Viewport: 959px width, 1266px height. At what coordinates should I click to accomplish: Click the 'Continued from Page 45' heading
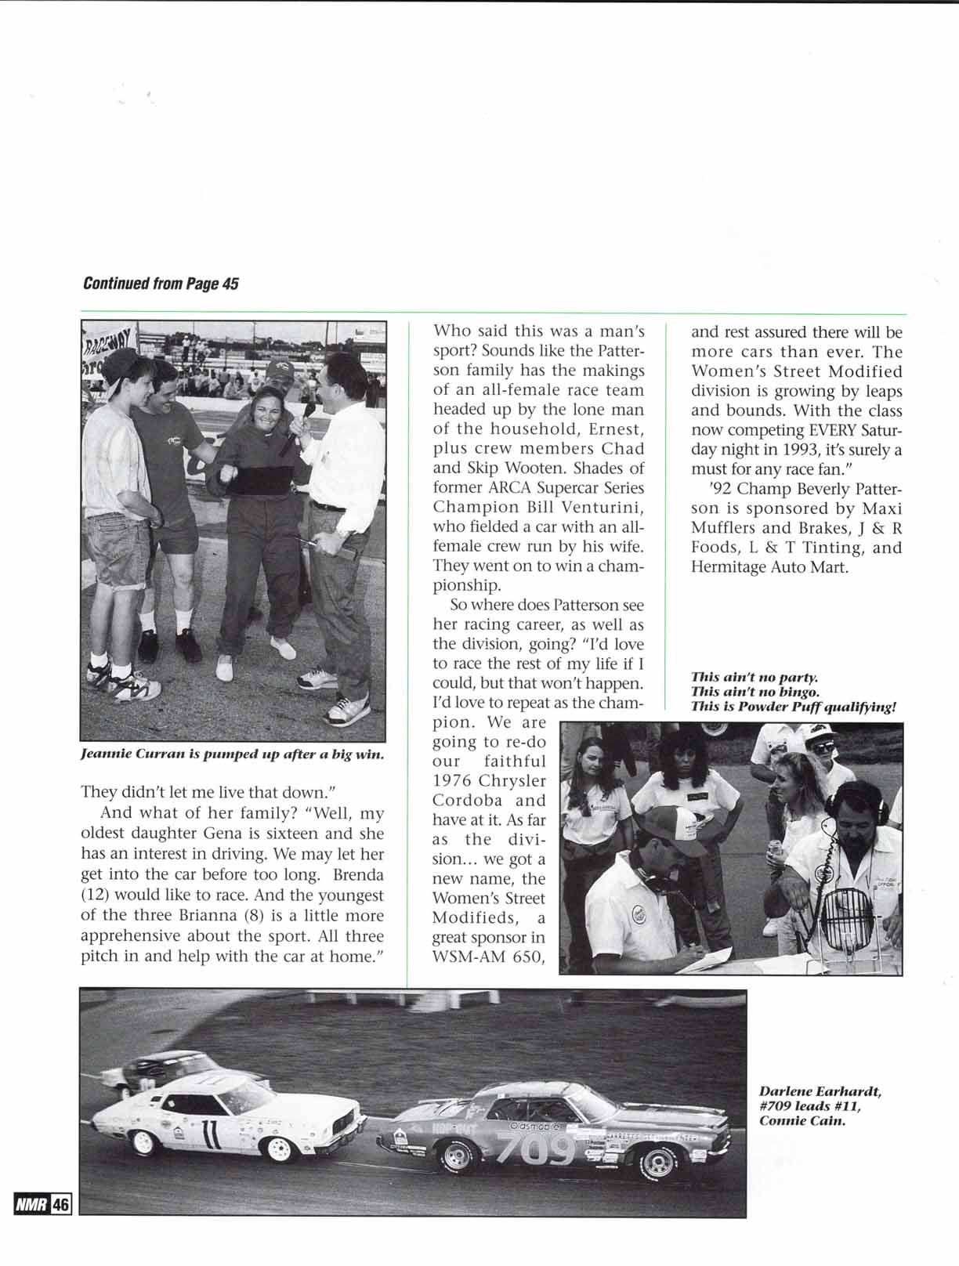click(161, 283)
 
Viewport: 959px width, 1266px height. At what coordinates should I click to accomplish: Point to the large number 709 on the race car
click(537, 1148)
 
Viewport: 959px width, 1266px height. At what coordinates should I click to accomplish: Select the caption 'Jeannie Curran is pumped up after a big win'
click(232, 755)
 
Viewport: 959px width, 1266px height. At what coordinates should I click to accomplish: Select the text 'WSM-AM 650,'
click(489, 957)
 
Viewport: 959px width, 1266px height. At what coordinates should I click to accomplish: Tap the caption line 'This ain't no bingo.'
click(744, 692)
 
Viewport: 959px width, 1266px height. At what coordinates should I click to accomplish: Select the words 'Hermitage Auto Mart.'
click(769, 567)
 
